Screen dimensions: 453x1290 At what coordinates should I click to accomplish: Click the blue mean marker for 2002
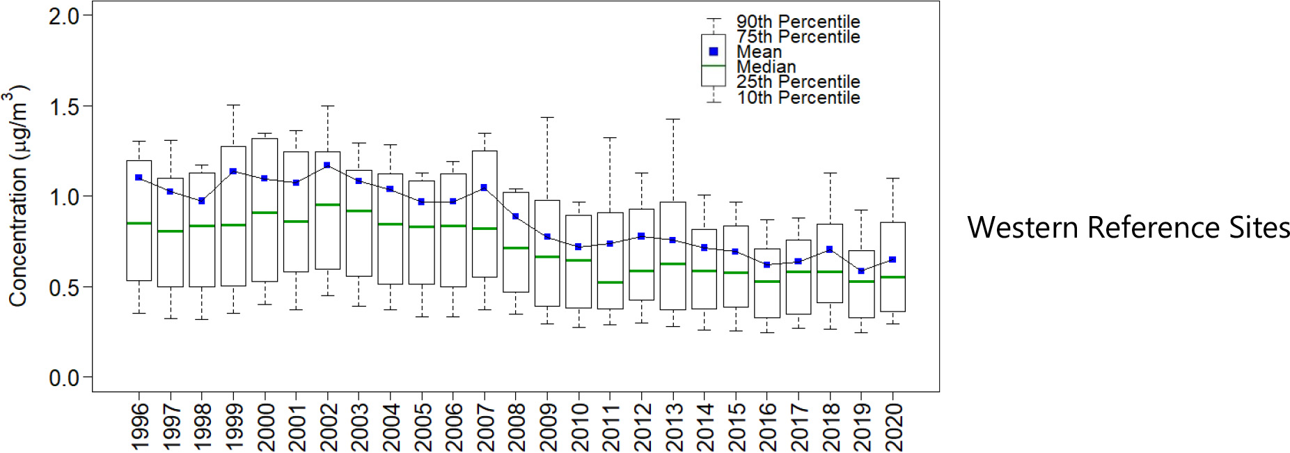pos(327,165)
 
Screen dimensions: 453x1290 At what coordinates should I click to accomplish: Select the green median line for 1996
pos(139,223)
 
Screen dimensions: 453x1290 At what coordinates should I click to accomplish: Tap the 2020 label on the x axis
pos(893,427)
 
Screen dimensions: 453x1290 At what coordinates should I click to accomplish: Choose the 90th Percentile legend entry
pos(798,22)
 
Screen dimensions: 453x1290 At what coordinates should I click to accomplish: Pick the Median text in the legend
pos(766,67)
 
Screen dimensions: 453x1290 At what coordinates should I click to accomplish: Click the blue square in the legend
pos(714,52)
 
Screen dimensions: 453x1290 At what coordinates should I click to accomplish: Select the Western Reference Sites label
pos(1128,227)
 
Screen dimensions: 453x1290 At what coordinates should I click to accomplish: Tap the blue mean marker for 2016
pos(766,265)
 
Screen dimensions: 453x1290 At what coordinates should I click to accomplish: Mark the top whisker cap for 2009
pos(547,118)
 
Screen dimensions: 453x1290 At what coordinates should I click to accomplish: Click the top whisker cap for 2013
pos(672,119)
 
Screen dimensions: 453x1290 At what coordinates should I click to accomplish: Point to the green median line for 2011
pos(610,282)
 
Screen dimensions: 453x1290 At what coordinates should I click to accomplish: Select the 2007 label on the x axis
pos(485,427)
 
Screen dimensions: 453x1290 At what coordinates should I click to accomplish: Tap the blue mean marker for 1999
pos(233,171)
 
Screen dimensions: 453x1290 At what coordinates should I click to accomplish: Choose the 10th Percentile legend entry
pos(798,98)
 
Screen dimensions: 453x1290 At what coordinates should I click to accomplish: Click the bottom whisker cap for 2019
pos(861,332)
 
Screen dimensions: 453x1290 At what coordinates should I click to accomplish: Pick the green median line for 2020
pos(893,277)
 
